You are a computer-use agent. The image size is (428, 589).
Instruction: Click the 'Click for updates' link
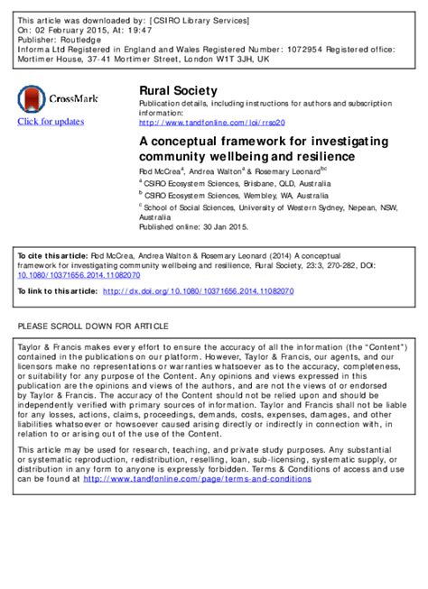pyautogui.click(x=49, y=122)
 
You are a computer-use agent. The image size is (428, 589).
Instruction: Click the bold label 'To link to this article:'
pyautogui.click(x=57, y=291)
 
